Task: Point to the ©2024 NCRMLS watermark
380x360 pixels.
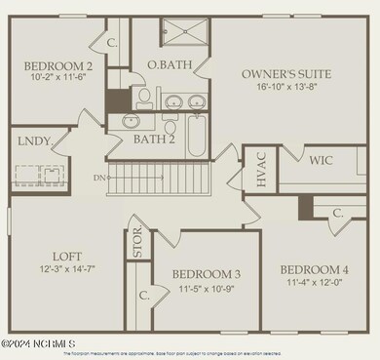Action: (39, 343)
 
